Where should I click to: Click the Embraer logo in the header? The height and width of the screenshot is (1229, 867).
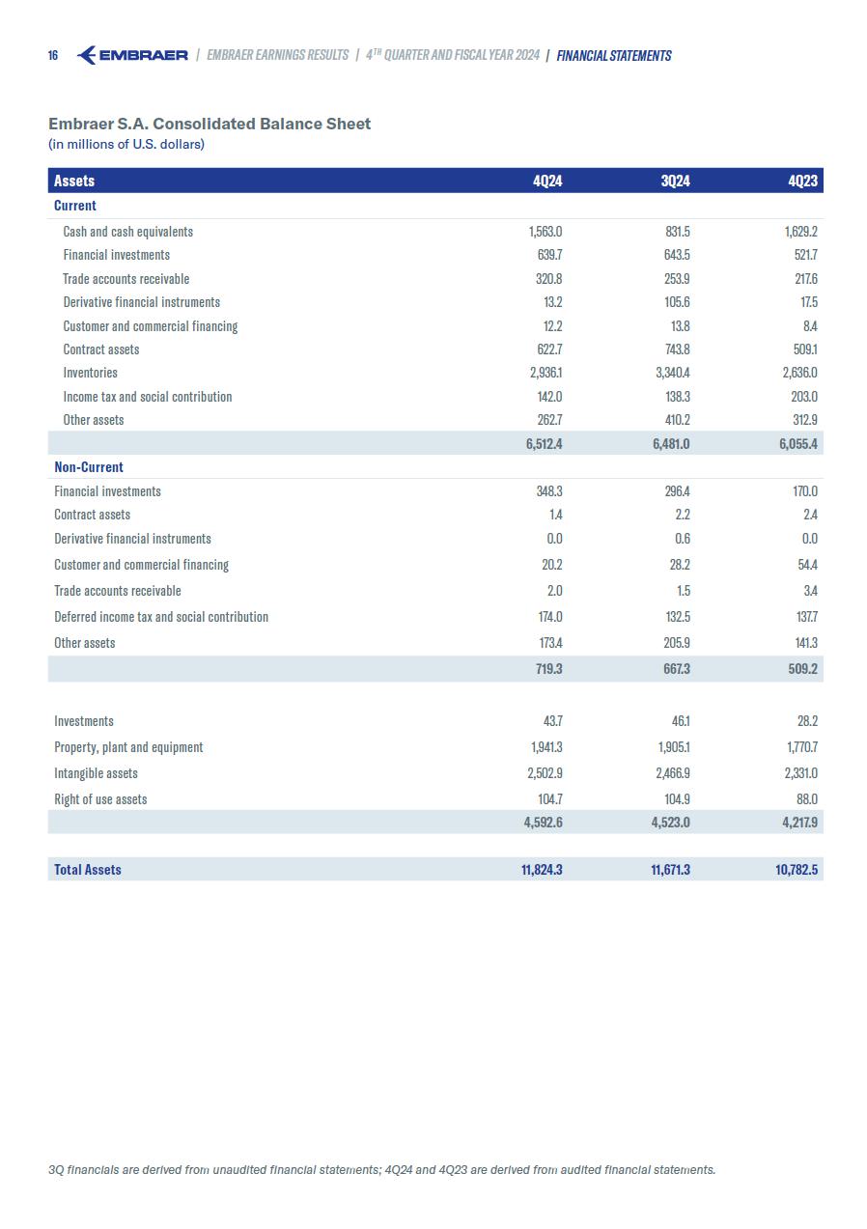(x=131, y=55)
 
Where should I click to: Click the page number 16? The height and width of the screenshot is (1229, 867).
(x=53, y=56)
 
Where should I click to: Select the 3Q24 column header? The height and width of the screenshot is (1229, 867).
(x=675, y=181)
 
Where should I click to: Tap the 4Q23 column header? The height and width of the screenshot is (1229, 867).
(x=802, y=181)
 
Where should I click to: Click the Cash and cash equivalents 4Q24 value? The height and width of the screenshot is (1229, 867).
(x=545, y=232)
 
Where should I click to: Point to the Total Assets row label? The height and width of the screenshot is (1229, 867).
(x=88, y=870)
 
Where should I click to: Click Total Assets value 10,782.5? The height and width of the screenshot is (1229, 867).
(x=797, y=870)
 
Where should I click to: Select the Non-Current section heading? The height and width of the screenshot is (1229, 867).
(x=89, y=467)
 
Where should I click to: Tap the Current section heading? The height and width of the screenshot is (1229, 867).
(x=75, y=206)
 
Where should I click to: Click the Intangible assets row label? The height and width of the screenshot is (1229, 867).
(x=96, y=773)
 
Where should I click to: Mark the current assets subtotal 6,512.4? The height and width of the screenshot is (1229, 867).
(x=544, y=444)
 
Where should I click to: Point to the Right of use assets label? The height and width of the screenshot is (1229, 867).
(x=100, y=799)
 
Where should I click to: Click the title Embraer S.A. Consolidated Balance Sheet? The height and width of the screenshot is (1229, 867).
(x=210, y=124)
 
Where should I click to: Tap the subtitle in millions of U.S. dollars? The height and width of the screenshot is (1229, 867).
(x=126, y=145)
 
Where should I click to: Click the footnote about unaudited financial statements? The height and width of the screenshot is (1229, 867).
(x=381, y=1170)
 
